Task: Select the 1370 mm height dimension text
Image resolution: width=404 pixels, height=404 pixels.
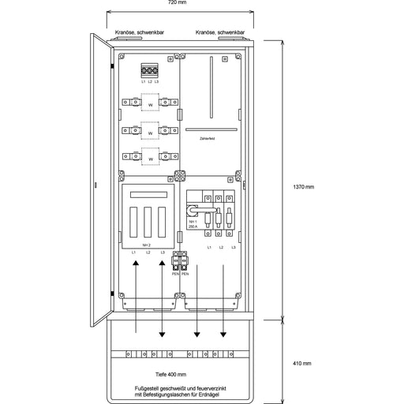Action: point(304,187)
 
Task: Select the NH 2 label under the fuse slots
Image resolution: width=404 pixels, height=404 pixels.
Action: point(147,245)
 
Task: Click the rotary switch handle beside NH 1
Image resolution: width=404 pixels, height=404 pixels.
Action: point(192,211)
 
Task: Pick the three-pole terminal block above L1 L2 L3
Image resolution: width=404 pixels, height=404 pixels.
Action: point(150,70)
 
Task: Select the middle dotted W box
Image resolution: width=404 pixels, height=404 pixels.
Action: point(150,130)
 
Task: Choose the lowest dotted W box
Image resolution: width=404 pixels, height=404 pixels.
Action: point(150,158)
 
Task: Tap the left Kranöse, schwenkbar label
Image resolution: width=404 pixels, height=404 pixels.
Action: point(139,32)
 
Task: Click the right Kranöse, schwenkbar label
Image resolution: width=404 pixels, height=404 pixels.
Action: point(220,32)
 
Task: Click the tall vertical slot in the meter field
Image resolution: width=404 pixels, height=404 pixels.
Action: point(210,86)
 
